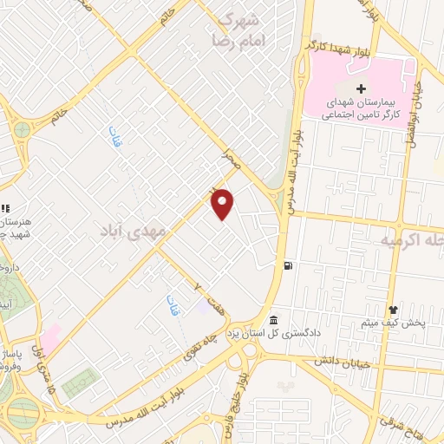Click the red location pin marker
coord(224,203)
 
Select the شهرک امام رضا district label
coord(238,29)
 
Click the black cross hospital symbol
coord(362,88)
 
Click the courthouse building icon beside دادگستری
coord(274,320)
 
